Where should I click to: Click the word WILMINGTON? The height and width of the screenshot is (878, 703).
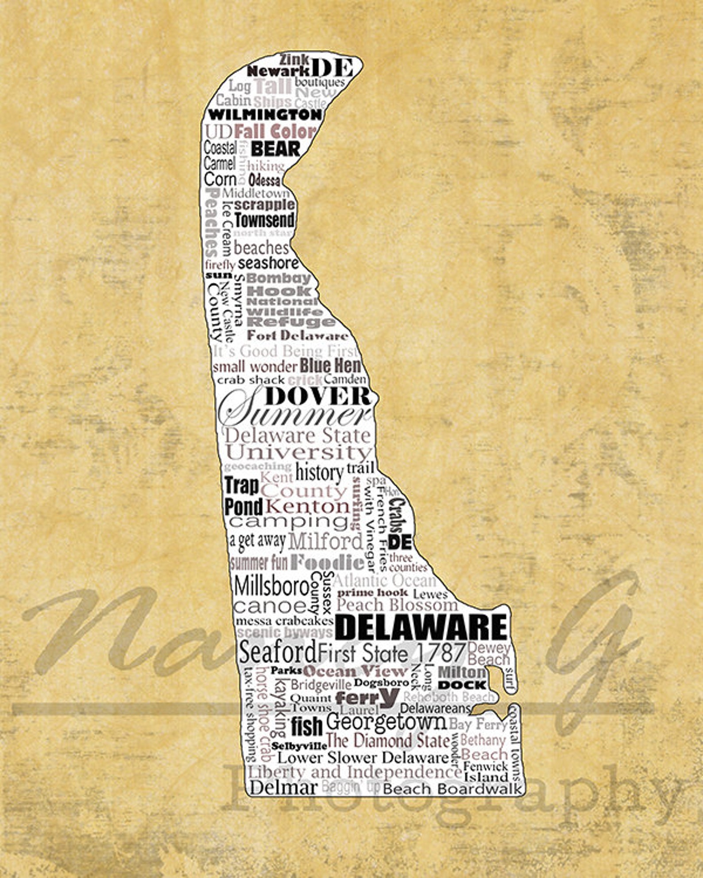click(265, 115)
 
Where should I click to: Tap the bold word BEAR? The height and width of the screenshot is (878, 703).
click(275, 149)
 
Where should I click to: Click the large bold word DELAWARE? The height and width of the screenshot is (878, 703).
click(421, 627)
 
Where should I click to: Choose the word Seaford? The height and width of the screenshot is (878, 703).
click(278, 652)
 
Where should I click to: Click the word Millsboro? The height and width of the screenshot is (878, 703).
click(271, 586)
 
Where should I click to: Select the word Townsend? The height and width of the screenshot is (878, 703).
click(264, 220)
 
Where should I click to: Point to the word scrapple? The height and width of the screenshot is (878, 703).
click(264, 205)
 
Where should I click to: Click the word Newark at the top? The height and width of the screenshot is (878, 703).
click(278, 71)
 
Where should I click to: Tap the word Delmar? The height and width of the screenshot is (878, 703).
click(284, 787)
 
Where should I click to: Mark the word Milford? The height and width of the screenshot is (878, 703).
click(325, 541)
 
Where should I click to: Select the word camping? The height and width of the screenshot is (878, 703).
click(289, 521)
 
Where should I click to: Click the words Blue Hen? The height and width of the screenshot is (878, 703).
click(330, 366)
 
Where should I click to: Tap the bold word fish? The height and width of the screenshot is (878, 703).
click(306, 726)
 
